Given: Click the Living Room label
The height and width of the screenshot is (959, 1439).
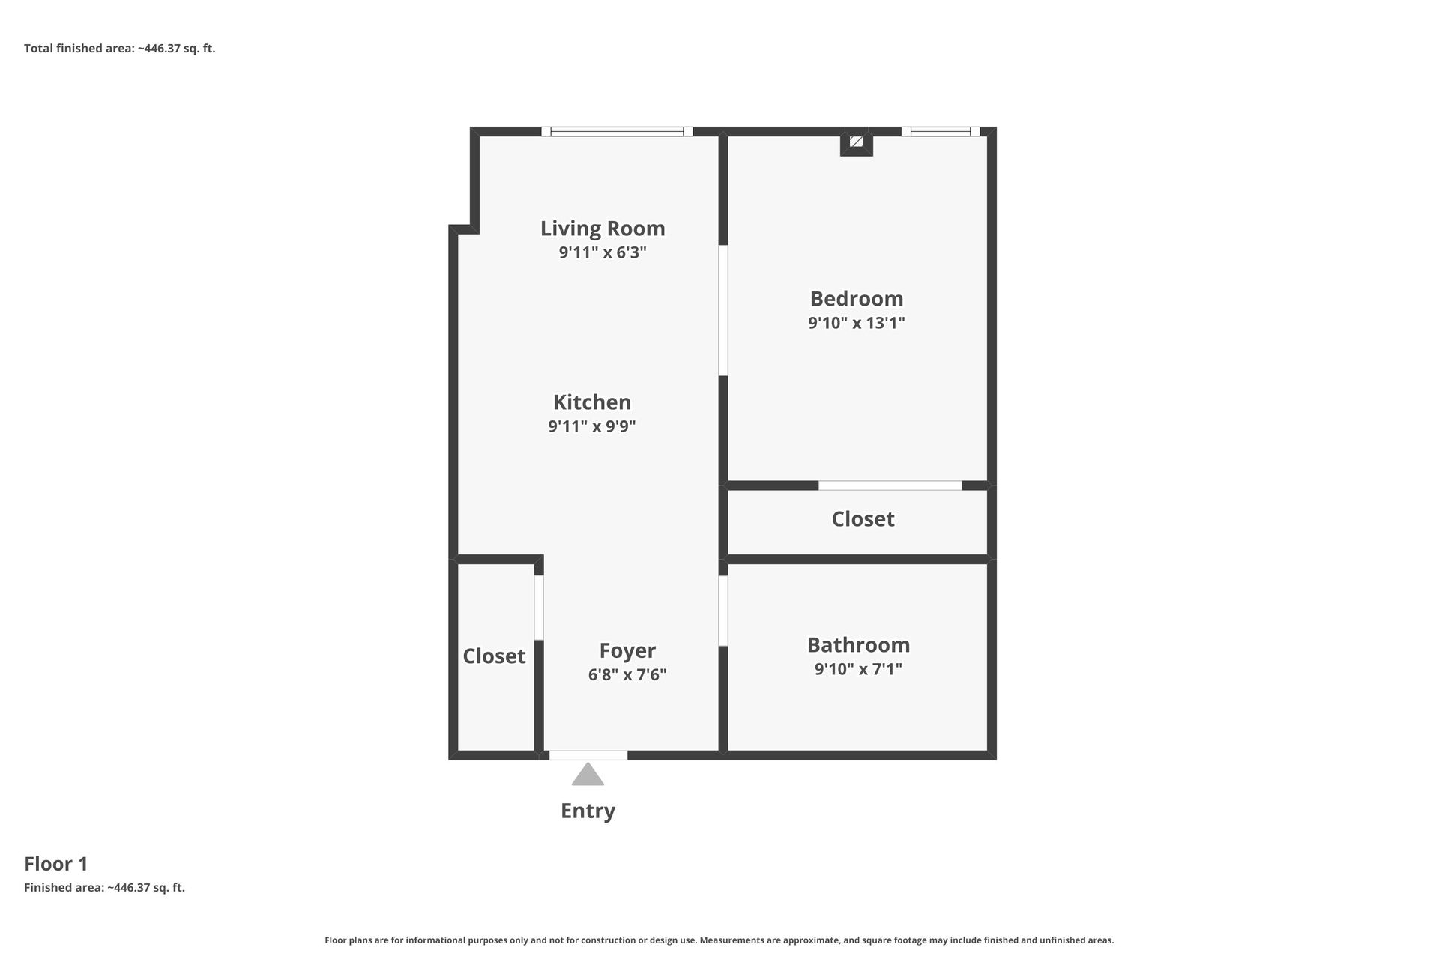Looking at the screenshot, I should [603, 228].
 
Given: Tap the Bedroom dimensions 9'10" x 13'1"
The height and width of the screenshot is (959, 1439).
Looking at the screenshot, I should [856, 323].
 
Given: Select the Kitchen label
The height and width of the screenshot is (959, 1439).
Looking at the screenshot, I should [591, 402].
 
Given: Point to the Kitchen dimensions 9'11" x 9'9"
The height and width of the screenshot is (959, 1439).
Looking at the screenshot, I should [591, 426].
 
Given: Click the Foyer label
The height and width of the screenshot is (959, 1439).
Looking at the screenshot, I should [627, 650].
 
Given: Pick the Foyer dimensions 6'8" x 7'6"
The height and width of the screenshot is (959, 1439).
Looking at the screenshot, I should [627, 674].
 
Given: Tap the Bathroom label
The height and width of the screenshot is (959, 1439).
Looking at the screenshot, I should [858, 644].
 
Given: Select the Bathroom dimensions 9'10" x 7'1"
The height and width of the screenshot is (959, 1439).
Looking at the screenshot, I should [858, 668].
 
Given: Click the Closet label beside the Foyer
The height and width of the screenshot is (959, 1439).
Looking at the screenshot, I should [494, 656].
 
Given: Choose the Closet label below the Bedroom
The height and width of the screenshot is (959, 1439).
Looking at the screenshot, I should [863, 518].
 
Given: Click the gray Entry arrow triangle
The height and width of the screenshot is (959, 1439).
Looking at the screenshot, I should [588, 775].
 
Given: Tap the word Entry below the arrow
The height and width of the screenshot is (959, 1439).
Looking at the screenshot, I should [588, 811].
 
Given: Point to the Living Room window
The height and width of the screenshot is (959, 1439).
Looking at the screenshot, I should [617, 132].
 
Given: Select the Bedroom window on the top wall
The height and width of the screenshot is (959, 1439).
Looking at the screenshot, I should [940, 132].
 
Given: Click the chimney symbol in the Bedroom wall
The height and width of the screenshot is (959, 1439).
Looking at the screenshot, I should [857, 142].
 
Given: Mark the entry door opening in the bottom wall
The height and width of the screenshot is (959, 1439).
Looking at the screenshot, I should [588, 755].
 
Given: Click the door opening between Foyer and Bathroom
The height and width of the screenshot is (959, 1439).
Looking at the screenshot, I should [723, 610].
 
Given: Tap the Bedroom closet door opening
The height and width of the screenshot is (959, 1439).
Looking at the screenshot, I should [890, 485].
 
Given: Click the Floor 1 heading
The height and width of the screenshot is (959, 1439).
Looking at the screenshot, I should [56, 864].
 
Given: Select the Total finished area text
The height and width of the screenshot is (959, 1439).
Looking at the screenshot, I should [120, 49].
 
